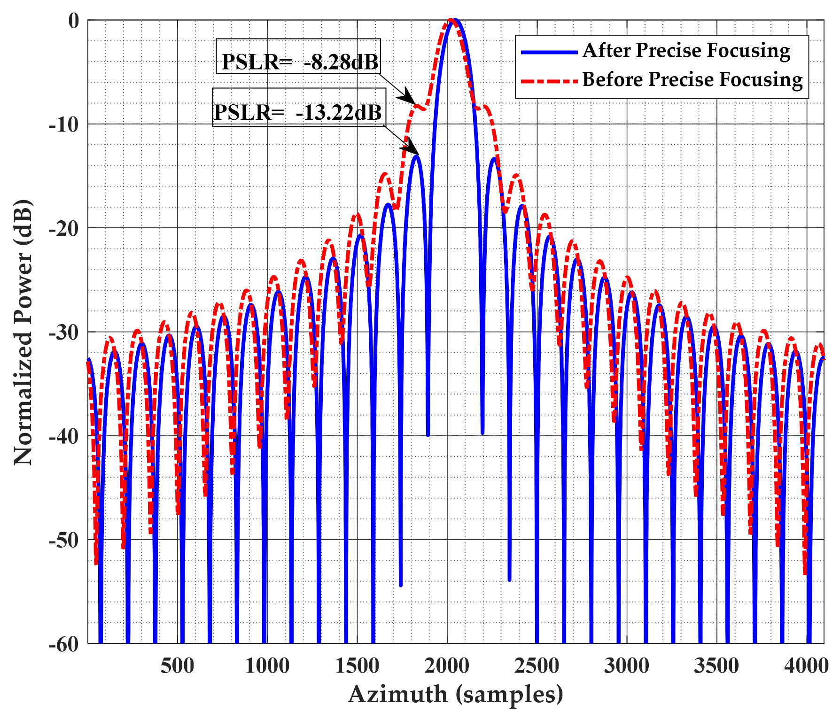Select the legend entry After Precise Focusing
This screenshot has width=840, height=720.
pyautogui.click(x=686, y=50)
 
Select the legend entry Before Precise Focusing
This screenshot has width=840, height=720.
pyautogui.click(x=692, y=79)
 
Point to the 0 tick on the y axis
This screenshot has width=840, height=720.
pyautogui.click(x=74, y=21)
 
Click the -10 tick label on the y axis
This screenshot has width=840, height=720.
pyautogui.click(x=64, y=124)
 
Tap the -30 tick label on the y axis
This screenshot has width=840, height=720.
pyautogui.click(x=64, y=333)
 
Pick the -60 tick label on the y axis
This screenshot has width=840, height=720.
pyautogui.click(x=64, y=644)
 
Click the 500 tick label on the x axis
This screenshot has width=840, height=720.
pyautogui.click(x=177, y=666)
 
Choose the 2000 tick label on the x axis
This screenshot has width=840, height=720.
pyautogui.click(x=447, y=666)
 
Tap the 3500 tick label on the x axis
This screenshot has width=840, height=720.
pyautogui.click(x=716, y=666)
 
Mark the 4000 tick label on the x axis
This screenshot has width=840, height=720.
pyautogui.click(x=806, y=666)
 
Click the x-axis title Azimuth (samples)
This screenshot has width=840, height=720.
pyautogui.click(x=456, y=695)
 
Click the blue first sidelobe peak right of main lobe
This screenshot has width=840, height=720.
pyautogui.click(x=493, y=159)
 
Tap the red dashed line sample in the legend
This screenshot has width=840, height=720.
pyautogui.click(x=549, y=81)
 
